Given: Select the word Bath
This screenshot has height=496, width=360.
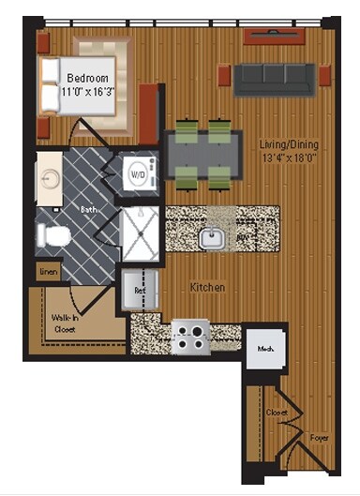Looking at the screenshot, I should click(89, 211).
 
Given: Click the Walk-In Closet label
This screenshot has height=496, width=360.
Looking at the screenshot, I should click(65, 323).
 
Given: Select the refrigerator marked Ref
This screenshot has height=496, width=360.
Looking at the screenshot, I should click(141, 290).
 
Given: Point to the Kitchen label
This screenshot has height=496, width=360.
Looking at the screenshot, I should click(205, 288).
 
